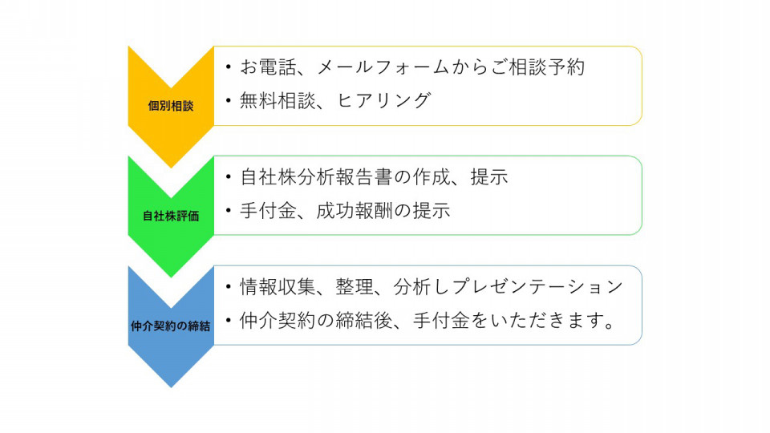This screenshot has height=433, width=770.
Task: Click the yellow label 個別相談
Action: tap(171, 106)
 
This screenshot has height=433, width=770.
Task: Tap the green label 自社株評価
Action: tap(171, 216)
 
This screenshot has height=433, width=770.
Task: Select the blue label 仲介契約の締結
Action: tap(170, 326)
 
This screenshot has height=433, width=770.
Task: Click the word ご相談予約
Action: tap(537, 67)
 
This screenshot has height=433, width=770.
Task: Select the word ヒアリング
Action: tap(384, 101)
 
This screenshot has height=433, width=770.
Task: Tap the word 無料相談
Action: tap(278, 101)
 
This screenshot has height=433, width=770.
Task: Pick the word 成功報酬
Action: tap(354, 211)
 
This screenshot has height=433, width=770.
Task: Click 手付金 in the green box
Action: tap(268, 211)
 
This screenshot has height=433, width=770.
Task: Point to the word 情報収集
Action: tap(278, 287)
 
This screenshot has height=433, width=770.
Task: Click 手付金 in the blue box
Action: tap(441, 321)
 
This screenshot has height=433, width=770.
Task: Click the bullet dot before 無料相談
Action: tap(229, 101)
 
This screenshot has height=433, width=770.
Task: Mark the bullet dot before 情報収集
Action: tap(229, 287)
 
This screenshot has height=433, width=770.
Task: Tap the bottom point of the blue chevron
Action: tap(171, 387)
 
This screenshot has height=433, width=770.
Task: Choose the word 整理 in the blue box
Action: tap(355, 287)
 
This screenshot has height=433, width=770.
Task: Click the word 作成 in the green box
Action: tap(432, 177)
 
